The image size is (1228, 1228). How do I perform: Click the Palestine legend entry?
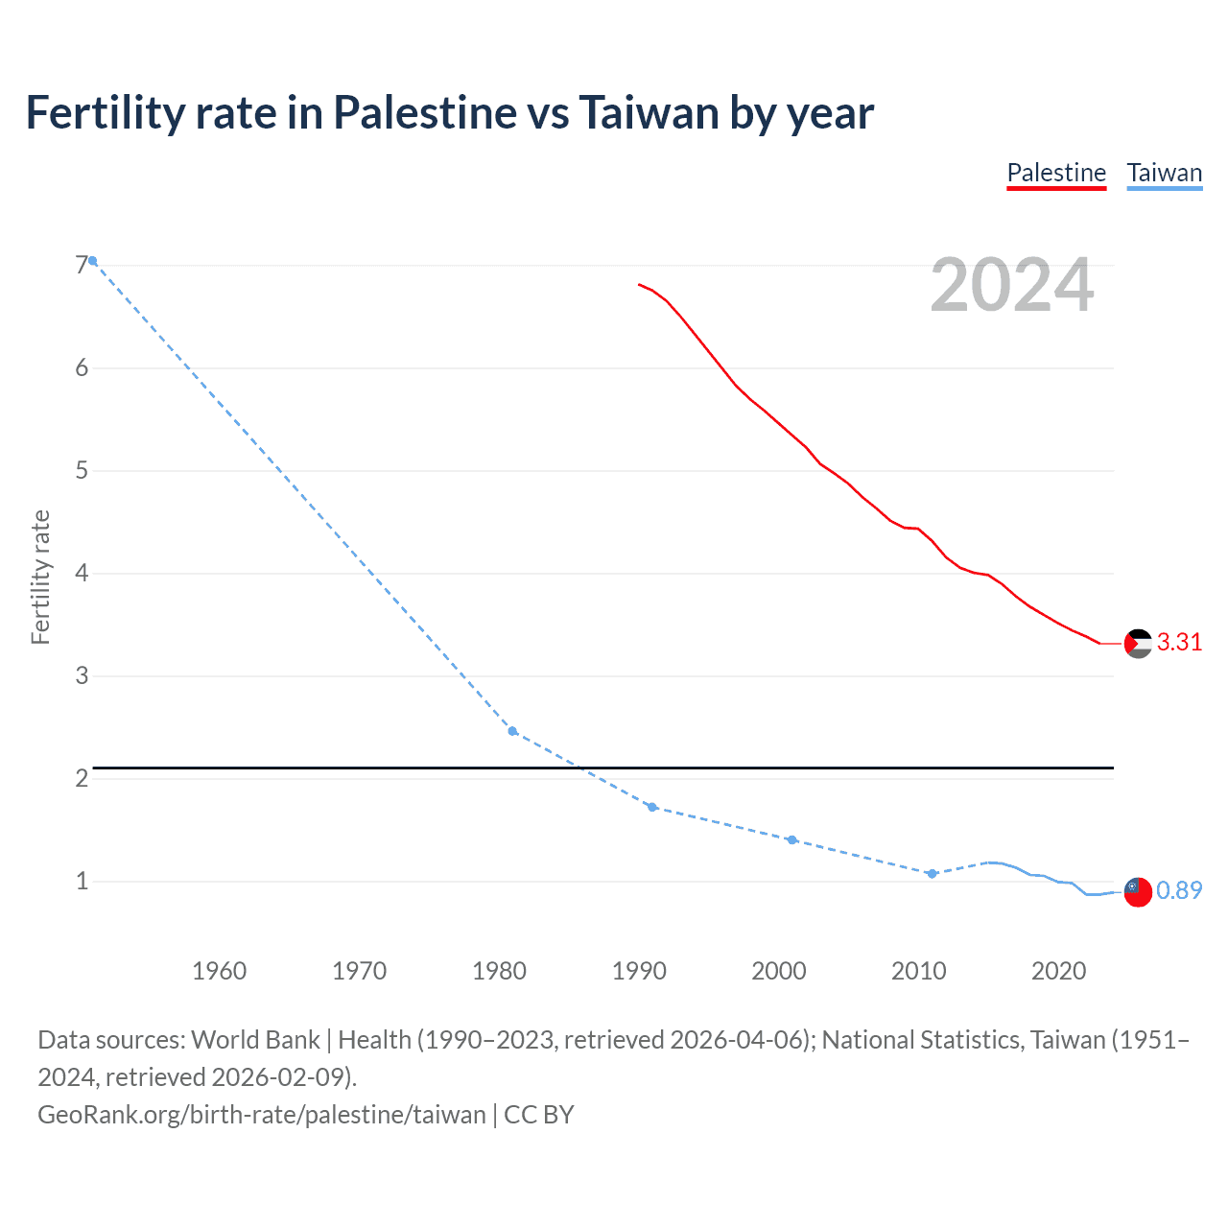(x=1056, y=173)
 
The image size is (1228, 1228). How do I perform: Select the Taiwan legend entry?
(x=1164, y=173)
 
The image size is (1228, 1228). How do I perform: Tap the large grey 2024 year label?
(x=1012, y=285)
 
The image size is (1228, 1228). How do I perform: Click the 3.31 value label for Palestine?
(x=1179, y=643)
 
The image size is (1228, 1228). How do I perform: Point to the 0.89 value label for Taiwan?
(x=1179, y=890)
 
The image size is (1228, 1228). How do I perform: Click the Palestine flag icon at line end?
(x=1138, y=643)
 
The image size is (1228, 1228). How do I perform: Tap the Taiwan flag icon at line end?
(x=1138, y=891)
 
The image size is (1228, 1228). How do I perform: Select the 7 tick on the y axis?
(x=82, y=265)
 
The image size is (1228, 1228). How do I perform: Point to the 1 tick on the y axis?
(x=82, y=881)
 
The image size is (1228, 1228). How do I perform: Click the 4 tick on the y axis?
(x=82, y=573)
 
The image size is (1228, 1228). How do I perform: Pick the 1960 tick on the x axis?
(x=219, y=971)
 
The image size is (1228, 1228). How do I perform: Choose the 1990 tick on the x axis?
(x=639, y=971)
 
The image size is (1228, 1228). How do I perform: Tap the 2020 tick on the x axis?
(x=1058, y=971)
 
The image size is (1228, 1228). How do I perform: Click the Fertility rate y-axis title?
(x=40, y=577)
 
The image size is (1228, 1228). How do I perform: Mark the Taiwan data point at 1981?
(x=512, y=731)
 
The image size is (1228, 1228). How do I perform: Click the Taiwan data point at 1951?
(x=93, y=261)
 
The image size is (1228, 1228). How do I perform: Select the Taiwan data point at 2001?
(x=791, y=839)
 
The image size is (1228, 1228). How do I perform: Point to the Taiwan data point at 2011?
(x=932, y=873)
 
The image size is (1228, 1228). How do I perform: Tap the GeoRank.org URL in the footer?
(x=262, y=1115)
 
